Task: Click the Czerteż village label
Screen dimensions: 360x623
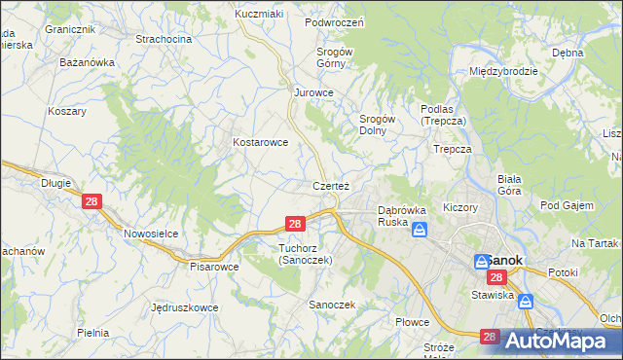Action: [331, 185]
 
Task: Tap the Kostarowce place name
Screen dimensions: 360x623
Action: [260, 142]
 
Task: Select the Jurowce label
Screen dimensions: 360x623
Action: [314, 92]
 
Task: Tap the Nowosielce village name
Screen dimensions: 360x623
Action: [150, 234]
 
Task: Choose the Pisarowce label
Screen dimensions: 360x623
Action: [214, 266]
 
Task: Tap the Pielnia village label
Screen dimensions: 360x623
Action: [93, 333]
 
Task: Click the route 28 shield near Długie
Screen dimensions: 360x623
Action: [92, 201]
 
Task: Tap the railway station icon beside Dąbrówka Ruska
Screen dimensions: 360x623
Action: [420, 230]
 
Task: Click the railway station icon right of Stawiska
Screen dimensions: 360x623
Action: [527, 302]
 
